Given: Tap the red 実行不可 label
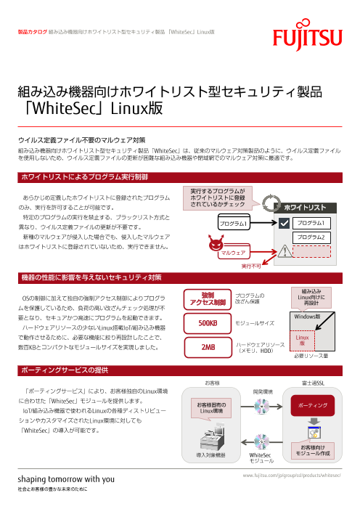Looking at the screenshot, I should [251, 267].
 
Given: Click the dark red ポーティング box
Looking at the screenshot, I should [311, 403].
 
